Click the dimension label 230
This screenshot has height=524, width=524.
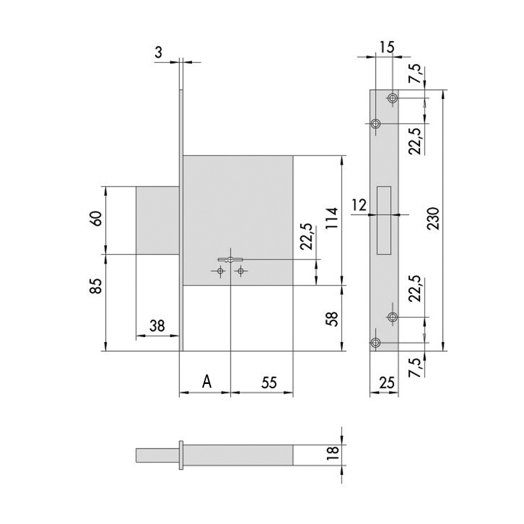point(433,218)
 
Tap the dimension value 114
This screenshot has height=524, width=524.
point(332,218)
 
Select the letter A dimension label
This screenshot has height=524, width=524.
point(207,381)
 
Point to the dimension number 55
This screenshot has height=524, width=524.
point(269,383)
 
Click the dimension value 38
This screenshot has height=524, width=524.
point(157,326)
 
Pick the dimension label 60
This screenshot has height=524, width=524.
point(96,219)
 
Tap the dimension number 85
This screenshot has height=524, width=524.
point(96,285)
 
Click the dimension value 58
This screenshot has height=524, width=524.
point(332,319)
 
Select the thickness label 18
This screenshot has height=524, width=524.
point(333,454)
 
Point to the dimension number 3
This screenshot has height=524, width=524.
point(159,52)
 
